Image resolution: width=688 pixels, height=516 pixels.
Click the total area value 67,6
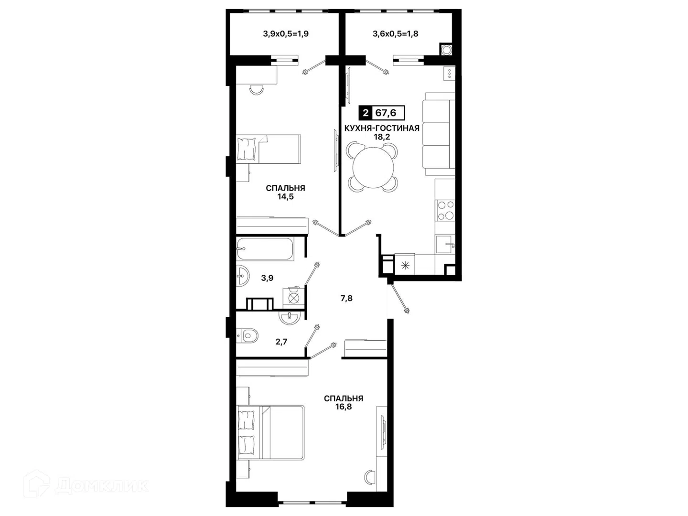pyautogui.click(x=386, y=112)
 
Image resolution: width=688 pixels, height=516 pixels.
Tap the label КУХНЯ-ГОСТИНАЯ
pyautogui.click(x=382, y=128)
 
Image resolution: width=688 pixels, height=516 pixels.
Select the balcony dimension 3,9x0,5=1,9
pyautogui.click(x=286, y=34)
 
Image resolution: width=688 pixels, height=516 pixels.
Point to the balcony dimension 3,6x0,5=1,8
pyautogui.click(x=395, y=34)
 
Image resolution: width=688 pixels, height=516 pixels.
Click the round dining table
pyautogui.click(x=373, y=167)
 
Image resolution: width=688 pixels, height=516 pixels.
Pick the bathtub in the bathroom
pyautogui.click(x=266, y=249)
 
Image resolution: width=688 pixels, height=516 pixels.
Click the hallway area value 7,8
pyautogui.click(x=346, y=298)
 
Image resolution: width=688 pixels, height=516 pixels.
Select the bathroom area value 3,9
pyautogui.click(x=268, y=278)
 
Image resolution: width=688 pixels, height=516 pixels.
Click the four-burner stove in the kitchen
pyautogui.click(x=445, y=210)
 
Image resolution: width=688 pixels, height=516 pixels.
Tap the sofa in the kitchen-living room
pyautogui.click(x=439, y=134)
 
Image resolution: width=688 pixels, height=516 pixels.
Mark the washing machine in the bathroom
pyautogui.click(x=293, y=298)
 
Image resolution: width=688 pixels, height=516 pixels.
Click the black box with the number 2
pyautogui.click(x=365, y=113)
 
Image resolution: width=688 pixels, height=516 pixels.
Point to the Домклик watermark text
pyautogui.click(x=102, y=486)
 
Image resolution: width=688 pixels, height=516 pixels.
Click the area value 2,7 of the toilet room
pyautogui.click(x=281, y=342)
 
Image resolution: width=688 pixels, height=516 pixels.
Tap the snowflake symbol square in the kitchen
pyautogui.click(x=405, y=266)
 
